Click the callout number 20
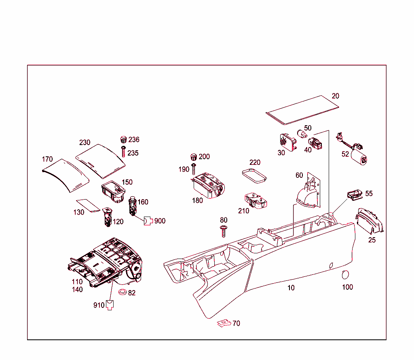pos(335,96)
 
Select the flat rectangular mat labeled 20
pos(302,109)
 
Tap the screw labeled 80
pos(223,231)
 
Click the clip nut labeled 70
pos(223,323)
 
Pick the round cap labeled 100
pos(345,275)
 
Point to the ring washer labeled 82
pos(122,292)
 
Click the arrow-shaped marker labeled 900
pos(148,221)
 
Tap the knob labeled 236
pos(124,140)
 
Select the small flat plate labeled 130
pos(88,205)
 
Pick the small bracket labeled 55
pos(355,194)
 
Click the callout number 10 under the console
pos(291,288)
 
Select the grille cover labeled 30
pos(287,141)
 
